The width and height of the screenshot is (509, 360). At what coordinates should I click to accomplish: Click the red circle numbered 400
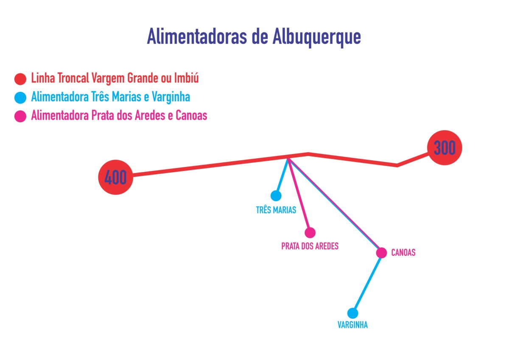pos(116,177)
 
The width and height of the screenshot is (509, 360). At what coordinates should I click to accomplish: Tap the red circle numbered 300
pos(445,148)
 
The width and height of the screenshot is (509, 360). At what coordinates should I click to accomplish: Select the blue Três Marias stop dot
pos(276,195)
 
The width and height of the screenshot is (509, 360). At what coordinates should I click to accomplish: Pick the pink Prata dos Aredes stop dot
pos(310,232)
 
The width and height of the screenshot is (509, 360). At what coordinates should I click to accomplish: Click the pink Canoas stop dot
pos(381,253)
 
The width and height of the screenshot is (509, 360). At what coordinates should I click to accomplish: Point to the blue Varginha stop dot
pos(352,313)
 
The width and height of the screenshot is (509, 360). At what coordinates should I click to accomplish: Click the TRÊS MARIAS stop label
pos(276,209)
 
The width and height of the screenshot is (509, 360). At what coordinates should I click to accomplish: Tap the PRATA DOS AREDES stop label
pos(310,246)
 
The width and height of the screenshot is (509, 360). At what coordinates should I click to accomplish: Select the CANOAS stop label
pos(403,252)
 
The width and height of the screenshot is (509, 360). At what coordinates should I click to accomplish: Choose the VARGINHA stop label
pos(352,325)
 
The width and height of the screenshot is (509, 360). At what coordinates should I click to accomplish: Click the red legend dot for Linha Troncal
pos(20,79)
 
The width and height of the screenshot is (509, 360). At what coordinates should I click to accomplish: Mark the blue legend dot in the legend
pos(20,98)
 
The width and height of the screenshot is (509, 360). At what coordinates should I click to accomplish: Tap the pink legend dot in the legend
pos(20,116)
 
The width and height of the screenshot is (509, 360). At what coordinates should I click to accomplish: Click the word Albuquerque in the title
pos(316,37)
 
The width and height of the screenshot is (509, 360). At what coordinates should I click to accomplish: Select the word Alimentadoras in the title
pos(197,36)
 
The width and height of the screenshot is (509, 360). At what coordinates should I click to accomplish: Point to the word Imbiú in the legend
pos(186,78)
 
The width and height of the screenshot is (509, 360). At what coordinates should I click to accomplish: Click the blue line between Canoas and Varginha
pos(367,283)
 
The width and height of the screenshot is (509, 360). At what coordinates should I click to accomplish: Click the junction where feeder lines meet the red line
pos(288,158)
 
